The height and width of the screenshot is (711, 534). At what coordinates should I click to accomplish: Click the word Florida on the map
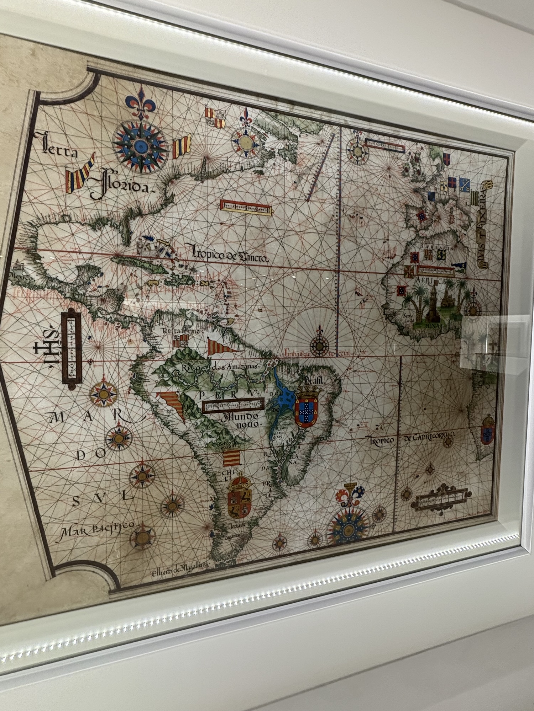pos(121,185)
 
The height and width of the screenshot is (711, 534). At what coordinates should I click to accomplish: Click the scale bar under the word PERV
pos(233,405)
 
